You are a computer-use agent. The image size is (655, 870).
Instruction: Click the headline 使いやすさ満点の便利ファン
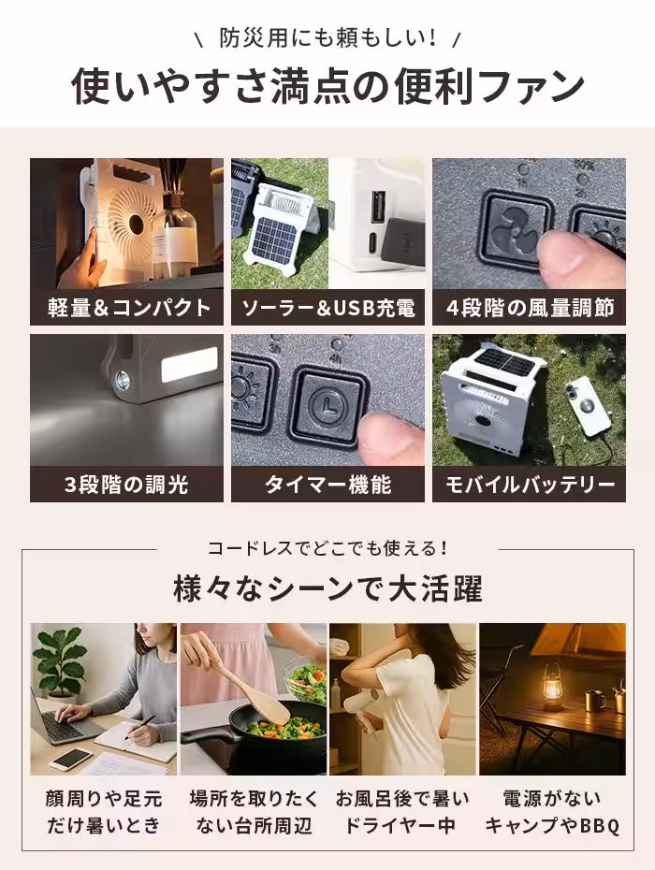click(327, 86)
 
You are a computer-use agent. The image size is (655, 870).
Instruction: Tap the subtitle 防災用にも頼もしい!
click(327, 38)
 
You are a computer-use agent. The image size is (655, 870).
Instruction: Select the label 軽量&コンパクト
click(127, 308)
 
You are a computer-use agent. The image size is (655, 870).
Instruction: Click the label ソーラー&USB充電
click(327, 308)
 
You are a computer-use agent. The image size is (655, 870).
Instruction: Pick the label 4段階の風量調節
click(529, 308)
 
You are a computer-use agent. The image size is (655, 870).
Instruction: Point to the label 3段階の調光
click(127, 485)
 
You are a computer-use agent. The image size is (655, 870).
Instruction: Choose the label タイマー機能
click(327, 485)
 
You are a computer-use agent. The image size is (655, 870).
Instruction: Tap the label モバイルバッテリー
click(529, 485)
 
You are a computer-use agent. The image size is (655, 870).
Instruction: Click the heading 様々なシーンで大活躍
click(327, 590)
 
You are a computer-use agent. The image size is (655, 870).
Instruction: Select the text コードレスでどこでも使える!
click(327, 548)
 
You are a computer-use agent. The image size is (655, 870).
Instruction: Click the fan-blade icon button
click(514, 228)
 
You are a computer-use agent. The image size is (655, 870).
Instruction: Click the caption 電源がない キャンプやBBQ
click(552, 812)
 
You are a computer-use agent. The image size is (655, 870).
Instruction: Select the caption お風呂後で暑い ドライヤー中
click(402, 812)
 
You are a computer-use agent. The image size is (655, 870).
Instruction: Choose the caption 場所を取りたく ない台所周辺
click(253, 812)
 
